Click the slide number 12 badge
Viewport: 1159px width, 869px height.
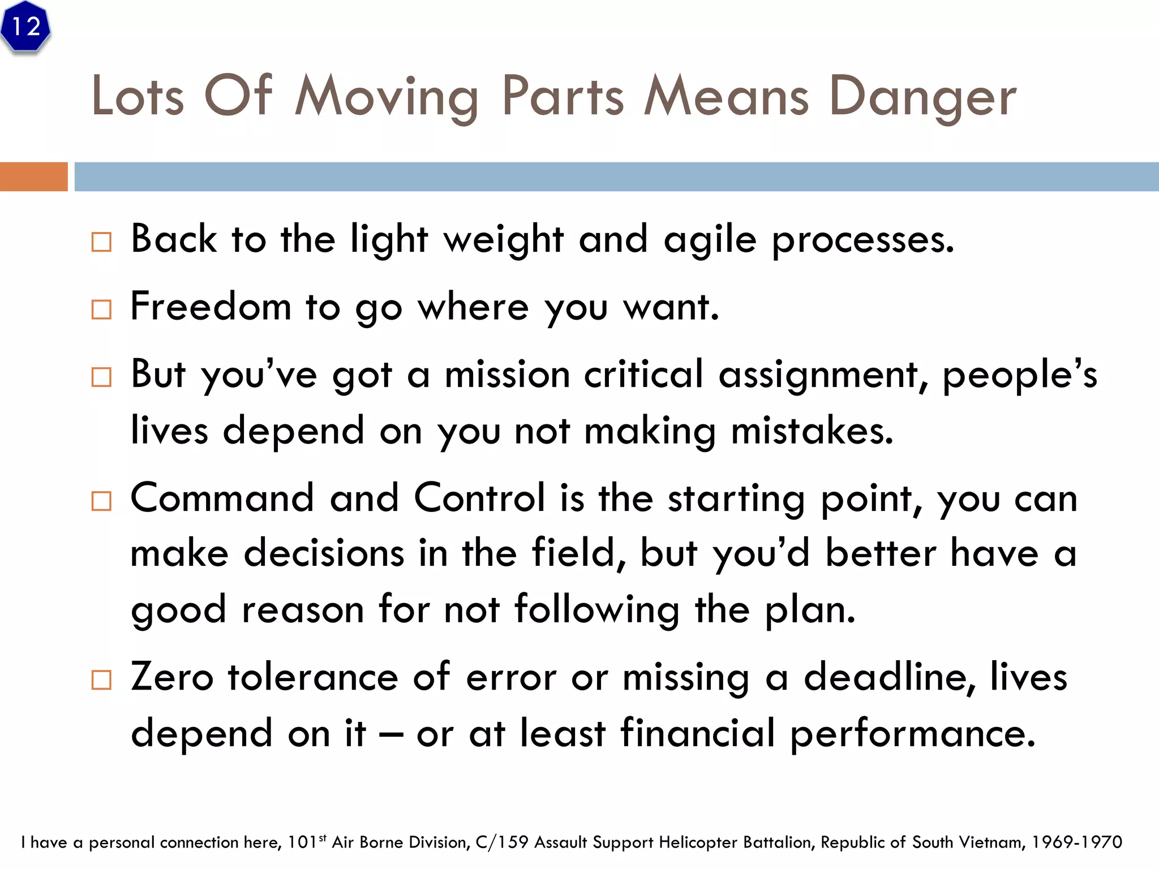coord(25,27)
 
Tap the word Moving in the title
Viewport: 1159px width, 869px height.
coord(387,97)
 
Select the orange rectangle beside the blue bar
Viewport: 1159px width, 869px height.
coord(33,177)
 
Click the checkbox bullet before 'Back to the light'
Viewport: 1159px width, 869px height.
coord(101,242)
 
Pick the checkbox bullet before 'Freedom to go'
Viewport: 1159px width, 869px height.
coord(101,309)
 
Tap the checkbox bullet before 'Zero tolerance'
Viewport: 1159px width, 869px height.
coord(101,679)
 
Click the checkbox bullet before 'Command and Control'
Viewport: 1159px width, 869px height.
coord(101,501)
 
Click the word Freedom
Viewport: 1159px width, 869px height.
coord(211,307)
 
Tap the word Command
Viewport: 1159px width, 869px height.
coord(222,498)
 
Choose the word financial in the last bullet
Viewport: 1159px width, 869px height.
coord(697,733)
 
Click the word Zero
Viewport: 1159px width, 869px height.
coord(172,677)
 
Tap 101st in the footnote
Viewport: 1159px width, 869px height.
coord(306,842)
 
